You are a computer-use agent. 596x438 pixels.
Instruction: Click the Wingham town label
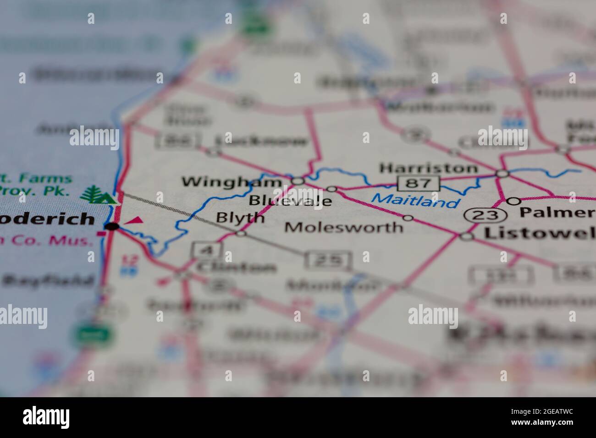232,182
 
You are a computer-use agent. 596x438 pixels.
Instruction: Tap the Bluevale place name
290,201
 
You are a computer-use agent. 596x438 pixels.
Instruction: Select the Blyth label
240,218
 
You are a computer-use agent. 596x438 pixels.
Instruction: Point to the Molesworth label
344,227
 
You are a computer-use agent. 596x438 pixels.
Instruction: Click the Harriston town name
428,168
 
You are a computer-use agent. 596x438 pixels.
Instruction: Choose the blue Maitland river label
415,200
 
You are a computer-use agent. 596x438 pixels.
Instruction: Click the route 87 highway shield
418,183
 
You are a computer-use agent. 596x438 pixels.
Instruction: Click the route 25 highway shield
329,260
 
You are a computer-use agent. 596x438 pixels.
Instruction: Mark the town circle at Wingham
298,181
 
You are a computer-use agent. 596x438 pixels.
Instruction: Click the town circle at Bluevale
331,189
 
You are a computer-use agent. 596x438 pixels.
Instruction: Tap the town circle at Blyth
241,234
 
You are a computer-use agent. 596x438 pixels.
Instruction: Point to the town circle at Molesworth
408,218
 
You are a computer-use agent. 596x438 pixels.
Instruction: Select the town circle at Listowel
467,236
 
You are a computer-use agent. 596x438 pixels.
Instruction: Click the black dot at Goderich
112,226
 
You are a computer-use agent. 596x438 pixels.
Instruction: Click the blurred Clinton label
236,267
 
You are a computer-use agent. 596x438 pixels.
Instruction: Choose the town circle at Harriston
503,174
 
